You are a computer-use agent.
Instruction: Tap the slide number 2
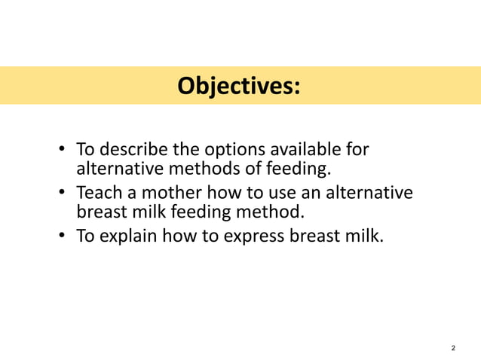pos(452,348)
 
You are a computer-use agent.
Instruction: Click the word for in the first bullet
pos(357,149)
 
